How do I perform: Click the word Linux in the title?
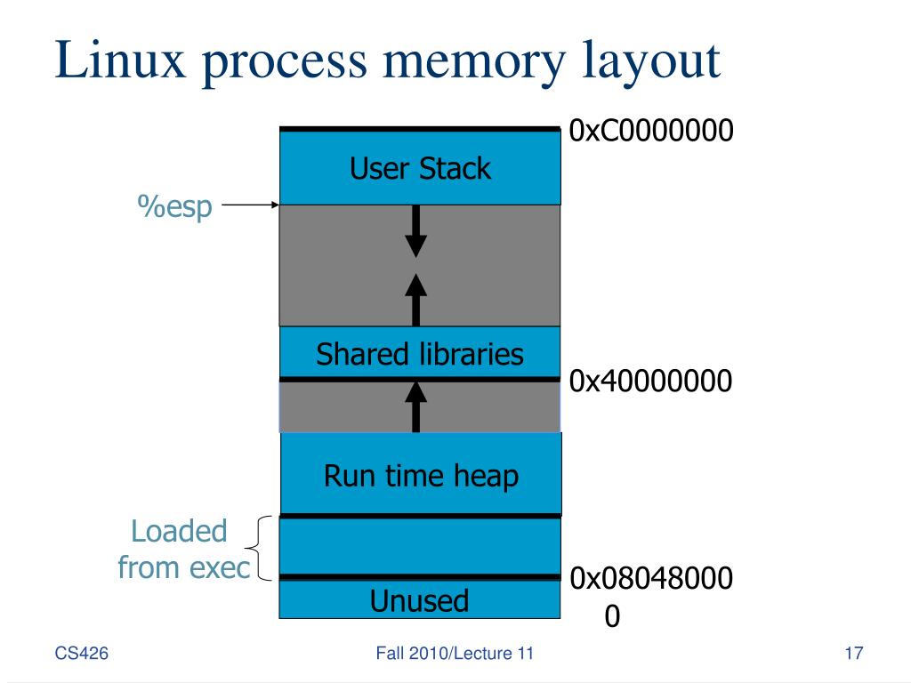click(x=120, y=60)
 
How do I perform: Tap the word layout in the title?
click(x=651, y=63)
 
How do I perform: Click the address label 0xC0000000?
click(x=650, y=130)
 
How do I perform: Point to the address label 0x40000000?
click(x=650, y=381)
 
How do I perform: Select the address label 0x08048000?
click(x=650, y=578)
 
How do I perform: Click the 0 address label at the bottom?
click(x=612, y=616)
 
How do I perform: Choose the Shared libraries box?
click(x=420, y=352)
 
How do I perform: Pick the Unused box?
click(x=420, y=599)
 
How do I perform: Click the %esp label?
click(x=174, y=206)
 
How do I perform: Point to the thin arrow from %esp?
click(x=250, y=205)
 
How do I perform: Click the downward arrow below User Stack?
click(x=416, y=231)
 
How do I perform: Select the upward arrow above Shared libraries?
click(x=416, y=300)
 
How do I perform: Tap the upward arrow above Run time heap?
click(x=416, y=407)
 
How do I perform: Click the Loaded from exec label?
click(x=183, y=549)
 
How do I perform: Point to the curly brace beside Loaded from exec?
click(x=259, y=548)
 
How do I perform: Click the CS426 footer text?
click(x=81, y=654)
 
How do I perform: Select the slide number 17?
click(x=853, y=654)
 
